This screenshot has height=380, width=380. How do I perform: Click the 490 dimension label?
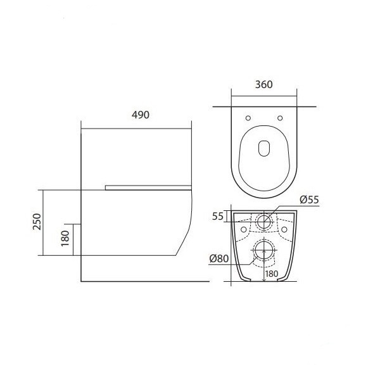[141, 115]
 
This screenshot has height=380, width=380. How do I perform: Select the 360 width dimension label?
[264, 84]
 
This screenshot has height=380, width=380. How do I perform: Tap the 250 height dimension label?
[37, 222]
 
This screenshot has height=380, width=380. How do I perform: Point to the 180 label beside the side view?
[65, 238]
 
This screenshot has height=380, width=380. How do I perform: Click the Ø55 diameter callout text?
[309, 199]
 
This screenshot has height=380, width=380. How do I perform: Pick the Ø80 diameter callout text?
[219, 258]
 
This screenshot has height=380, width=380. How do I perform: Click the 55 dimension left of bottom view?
[218, 216]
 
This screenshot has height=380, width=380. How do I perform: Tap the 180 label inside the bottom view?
[272, 274]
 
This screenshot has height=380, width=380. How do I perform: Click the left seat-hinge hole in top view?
[248, 118]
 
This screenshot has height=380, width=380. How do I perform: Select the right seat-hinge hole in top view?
[280, 118]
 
